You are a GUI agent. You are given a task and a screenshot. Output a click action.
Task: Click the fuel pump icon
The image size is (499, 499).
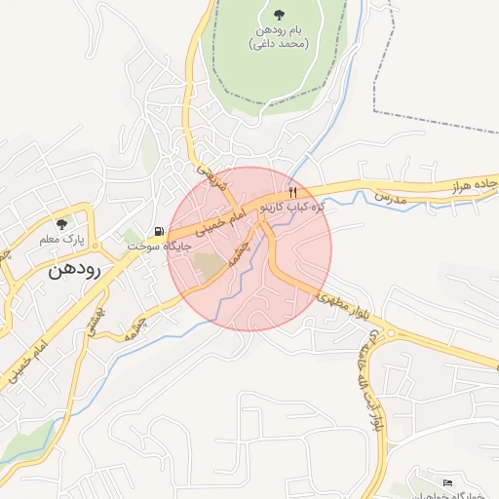coord(158,231)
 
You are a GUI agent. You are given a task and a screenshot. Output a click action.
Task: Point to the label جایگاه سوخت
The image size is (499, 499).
coord(156,246)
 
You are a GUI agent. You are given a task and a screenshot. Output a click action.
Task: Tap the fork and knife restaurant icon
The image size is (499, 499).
coord(291,192)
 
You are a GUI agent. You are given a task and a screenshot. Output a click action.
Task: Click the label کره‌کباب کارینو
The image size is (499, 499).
coord(291,208)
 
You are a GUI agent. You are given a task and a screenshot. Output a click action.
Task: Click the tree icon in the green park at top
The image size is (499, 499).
coord(280,15)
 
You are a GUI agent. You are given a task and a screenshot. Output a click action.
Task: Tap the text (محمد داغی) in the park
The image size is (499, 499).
coord(280,44)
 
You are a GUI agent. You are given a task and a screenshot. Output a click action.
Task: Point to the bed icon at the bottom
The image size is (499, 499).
coord(447,482)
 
